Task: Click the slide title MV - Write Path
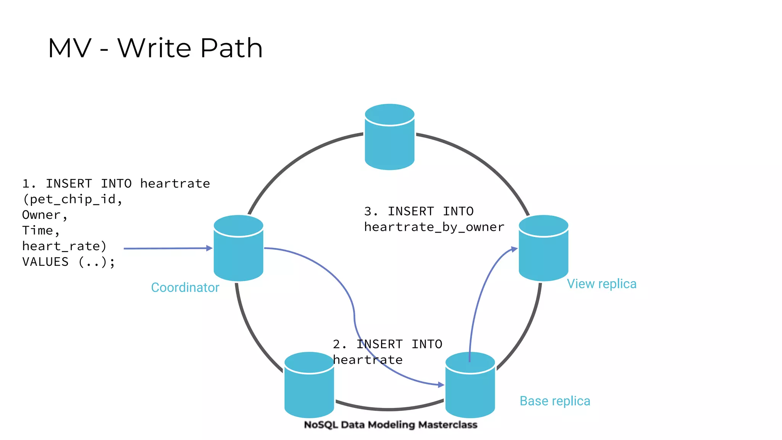coord(155,48)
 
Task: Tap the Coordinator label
coord(185,287)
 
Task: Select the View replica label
coord(601,284)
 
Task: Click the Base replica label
coord(555,401)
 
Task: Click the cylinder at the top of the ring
coord(389,137)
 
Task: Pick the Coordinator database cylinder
coord(238,249)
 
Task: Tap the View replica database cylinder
coord(543,249)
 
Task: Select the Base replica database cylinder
coord(470,386)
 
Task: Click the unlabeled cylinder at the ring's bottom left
coord(309,386)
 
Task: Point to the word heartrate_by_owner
coord(434,227)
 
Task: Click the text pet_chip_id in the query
coord(73,199)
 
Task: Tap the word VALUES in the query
coord(45,262)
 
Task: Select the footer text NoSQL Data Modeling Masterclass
coord(391,425)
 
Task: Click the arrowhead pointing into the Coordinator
coord(209,248)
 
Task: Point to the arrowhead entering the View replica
coord(515,249)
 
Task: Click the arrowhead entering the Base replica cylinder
coord(441,385)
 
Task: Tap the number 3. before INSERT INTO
coord(370,211)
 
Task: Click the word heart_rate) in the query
coord(64,246)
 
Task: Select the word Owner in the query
coord(41,215)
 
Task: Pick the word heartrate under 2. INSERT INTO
coord(368,360)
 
